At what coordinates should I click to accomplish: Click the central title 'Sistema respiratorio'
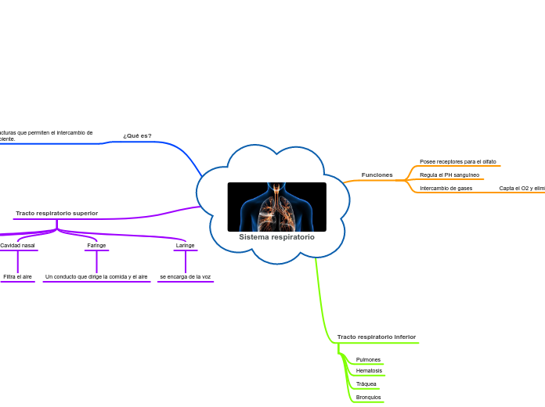tap(276, 237)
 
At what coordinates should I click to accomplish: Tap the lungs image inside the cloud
tap(276, 207)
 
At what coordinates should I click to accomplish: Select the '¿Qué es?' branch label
tap(137, 135)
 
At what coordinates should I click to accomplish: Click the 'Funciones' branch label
tap(377, 175)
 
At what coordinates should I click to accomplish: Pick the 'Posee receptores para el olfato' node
tap(457, 161)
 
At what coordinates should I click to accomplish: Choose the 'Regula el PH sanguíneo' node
tap(449, 175)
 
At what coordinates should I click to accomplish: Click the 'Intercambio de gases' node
tap(446, 189)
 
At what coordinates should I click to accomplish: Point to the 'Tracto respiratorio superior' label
tap(56, 213)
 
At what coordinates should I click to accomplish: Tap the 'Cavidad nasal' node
tap(17, 246)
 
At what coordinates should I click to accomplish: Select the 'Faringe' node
tap(96, 246)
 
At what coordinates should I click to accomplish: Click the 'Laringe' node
tap(185, 246)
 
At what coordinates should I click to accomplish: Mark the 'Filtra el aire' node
tap(17, 277)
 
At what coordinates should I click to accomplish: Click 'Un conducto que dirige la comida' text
tap(96, 277)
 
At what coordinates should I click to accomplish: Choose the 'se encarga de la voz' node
tap(185, 277)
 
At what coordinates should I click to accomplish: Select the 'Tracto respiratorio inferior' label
tap(376, 337)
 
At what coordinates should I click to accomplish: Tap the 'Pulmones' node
tap(368, 360)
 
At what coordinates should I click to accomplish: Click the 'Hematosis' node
tap(369, 371)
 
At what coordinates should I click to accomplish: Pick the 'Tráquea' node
tap(366, 384)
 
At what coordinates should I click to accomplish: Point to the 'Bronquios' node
tap(368, 398)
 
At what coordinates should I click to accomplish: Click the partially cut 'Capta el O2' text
tap(522, 189)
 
